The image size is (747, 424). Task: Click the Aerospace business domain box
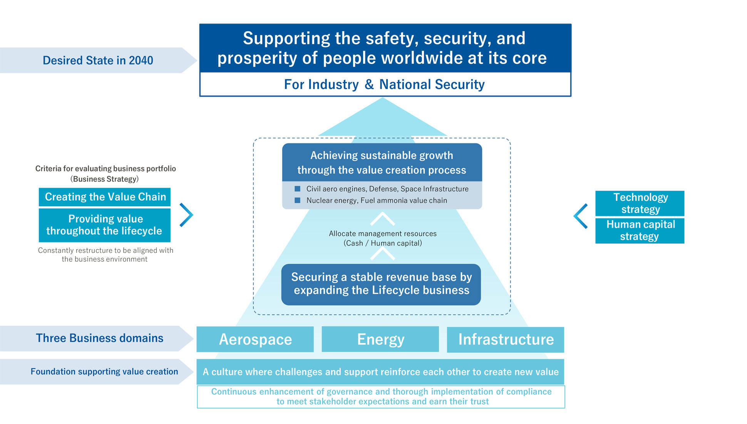click(255, 339)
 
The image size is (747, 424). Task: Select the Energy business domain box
click(380, 339)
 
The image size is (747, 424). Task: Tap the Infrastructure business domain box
click(505, 340)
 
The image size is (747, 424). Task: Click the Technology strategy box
click(640, 203)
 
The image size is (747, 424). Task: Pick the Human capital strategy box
click(640, 231)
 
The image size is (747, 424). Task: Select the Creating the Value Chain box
click(105, 197)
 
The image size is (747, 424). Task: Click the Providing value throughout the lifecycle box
click(105, 225)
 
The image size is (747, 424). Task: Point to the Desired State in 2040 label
click(98, 61)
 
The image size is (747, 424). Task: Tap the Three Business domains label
click(99, 338)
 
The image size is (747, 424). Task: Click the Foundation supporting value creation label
click(104, 372)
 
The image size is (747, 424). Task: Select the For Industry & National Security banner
click(385, 84)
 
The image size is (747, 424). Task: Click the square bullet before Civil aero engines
click(297, 189)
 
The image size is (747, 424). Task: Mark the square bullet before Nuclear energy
click(297, 200)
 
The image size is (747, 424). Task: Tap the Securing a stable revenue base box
click(381, 284)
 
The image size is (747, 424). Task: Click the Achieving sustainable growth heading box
click(382, 162)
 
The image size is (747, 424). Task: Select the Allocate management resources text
click(383, 238)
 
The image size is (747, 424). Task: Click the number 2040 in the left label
click(141, 61)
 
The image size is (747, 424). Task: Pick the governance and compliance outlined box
click(381, 397)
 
